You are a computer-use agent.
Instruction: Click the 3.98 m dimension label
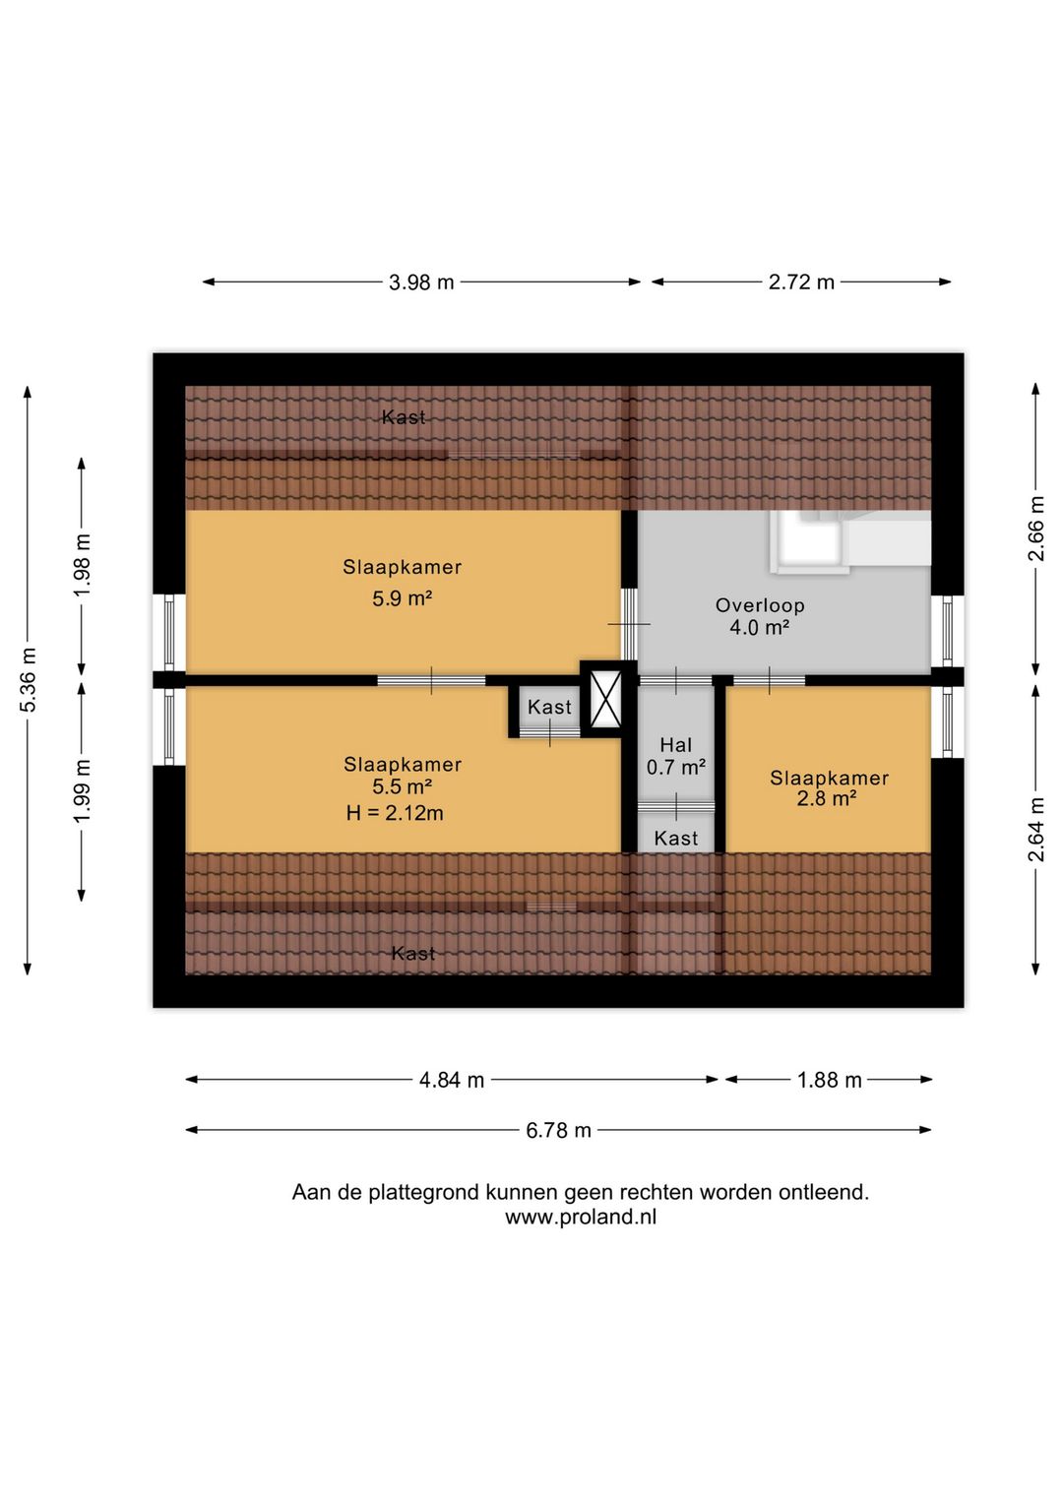click(x=421, y=282)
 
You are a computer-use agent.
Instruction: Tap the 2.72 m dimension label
click(x=801, y=282)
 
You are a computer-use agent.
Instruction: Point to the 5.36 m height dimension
click(x=29, y=679)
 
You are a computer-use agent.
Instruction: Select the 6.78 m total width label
click(x=558, y=1130)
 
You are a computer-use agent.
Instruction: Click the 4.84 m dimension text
click(x=452, y=1080)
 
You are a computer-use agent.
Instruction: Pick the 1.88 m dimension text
click(x=829, y=1080)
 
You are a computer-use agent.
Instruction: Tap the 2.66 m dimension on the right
click(x=1036, y=529)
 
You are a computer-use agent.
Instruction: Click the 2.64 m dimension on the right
click(x=1036, y=829)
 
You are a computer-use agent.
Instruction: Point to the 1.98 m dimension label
click(x=83, y=564)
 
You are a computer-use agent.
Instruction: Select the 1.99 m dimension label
click(x=83, y=790)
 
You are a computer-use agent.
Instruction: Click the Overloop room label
click(x=760, y=605)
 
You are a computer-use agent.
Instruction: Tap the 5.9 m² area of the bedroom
click(x=402, y=598)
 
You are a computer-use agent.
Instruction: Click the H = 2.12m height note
click(x=395, y=813)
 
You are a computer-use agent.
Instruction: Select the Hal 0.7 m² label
click(x=676, y=756)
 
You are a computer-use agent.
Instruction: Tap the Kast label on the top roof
click(x=404, y=417)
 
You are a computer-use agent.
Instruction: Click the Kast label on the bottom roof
click(x=413, y=953)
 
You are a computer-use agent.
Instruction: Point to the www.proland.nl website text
click(x=581, y=1217)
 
